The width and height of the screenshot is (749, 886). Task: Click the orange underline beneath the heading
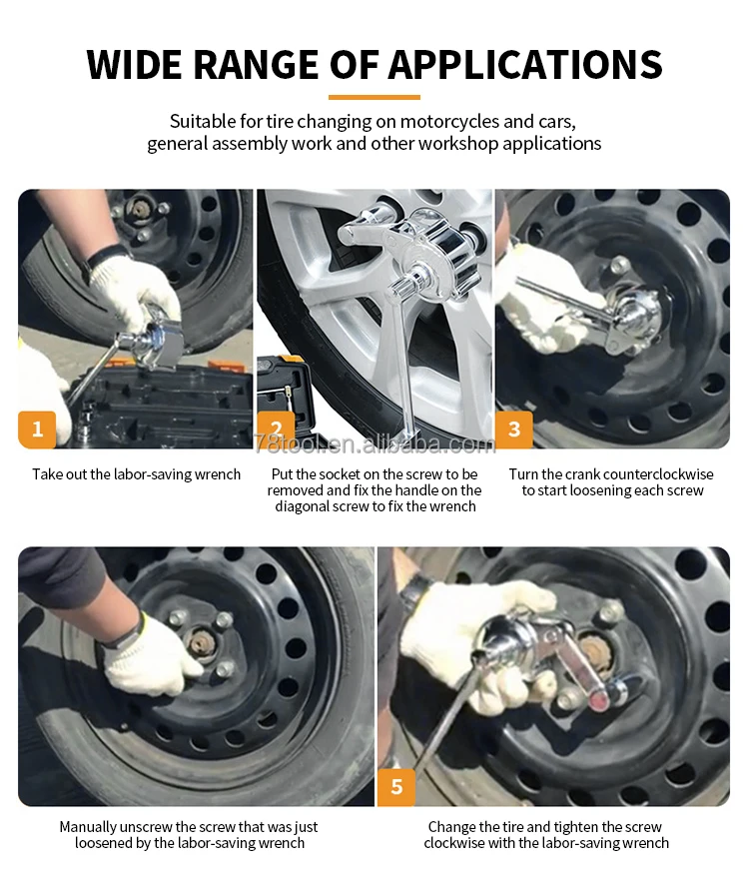(374, 97)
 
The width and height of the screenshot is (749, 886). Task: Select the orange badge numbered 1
(37, 430)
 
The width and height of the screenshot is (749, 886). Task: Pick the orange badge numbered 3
(514, 430)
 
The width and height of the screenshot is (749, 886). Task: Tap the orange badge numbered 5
(396, 787)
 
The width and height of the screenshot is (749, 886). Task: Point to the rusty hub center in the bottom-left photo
(199, 643)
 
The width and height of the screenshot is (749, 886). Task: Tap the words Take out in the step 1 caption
(59, 474)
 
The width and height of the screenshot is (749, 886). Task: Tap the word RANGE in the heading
(257, 64)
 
